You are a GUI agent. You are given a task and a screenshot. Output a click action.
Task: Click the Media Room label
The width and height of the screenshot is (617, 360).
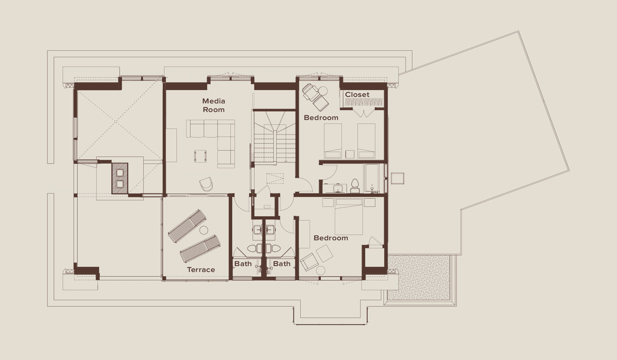click(x=214, y=105)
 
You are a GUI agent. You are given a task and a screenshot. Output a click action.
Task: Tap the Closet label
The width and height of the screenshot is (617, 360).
click(x=357, y=95)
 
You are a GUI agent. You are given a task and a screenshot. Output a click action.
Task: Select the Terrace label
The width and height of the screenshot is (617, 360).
click(x=201, y=270)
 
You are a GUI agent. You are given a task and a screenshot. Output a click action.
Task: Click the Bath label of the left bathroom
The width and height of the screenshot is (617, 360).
click(x=243, y=264)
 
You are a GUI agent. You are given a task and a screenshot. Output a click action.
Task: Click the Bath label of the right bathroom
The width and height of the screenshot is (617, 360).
click(x=282, y=264)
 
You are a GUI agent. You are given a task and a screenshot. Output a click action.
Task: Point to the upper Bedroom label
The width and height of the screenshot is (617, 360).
click(x=321, y=118)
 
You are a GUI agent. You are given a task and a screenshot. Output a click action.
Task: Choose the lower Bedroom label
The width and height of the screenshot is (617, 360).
click(x=331, y=238)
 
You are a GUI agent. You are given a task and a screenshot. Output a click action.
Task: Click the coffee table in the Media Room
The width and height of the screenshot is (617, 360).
click(x=200, y=156)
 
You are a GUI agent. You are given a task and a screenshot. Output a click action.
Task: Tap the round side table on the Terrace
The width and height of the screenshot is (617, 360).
click(x=204, y=230)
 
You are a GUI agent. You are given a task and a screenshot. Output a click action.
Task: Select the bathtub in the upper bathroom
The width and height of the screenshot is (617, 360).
click(x=372, y=178)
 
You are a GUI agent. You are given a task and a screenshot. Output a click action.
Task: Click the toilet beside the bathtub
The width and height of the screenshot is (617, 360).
click(x=355, y=186)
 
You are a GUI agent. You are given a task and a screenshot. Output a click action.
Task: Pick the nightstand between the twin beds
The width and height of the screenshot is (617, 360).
click(x=350, y=154)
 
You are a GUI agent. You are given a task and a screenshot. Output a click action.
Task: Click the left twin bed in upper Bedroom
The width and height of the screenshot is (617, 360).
click(x=333, y=141)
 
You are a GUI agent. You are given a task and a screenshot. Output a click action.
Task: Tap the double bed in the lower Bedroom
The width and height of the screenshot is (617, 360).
click(x=349, y=217)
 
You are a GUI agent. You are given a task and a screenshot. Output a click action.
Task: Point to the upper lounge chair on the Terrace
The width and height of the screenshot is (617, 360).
click(x=187, y=226)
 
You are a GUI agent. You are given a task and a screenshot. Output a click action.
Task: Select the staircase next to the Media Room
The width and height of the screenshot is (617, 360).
click(x=275, y=136)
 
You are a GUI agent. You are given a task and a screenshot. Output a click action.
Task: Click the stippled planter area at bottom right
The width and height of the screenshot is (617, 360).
click(x=419, y=277)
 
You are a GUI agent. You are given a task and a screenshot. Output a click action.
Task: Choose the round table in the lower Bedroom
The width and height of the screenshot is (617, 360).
click(x=320, y=271)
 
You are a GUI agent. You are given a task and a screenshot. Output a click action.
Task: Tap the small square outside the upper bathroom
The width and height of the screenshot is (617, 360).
click(x=398, y=178)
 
